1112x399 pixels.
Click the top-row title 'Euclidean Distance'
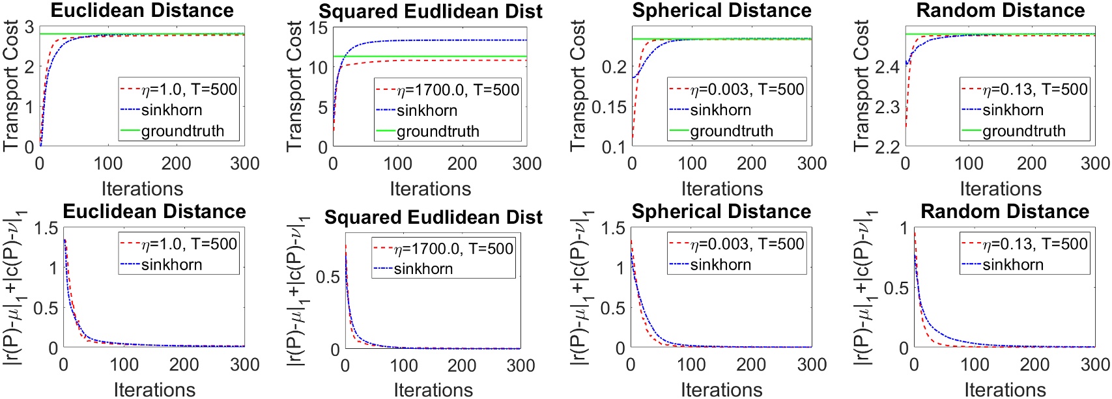142,10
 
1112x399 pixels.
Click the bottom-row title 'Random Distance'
1005,212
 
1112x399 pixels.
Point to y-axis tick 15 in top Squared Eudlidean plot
318,28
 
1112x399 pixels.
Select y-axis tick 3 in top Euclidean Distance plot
29,27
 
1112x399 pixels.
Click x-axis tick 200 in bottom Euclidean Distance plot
184,365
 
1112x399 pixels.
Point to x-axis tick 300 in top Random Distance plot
1094,163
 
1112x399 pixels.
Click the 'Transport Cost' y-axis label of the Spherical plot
578,85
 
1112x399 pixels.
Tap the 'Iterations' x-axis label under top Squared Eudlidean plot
430,189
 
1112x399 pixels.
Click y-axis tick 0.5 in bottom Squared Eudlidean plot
328,277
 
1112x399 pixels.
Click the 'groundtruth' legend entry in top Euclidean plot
182,131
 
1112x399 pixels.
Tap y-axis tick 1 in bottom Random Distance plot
903,228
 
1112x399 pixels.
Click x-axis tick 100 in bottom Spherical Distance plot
691,365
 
